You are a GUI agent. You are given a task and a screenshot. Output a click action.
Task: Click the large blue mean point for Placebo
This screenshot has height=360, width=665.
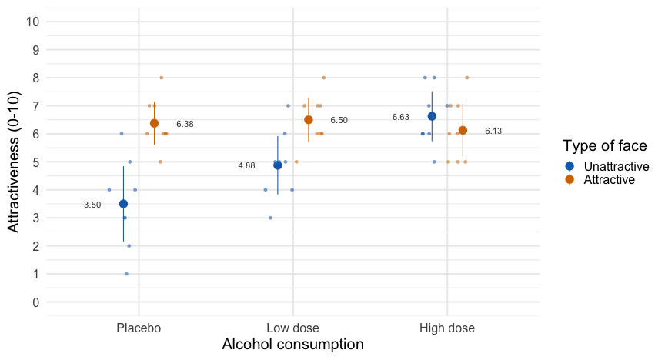tap(123, 204)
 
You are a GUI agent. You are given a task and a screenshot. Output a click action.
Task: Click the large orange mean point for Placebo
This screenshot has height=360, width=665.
tap(154, 123)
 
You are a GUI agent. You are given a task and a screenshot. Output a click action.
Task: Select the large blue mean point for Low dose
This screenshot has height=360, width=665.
tap(278, 165)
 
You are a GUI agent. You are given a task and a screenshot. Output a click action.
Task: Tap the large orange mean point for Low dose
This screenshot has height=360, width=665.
tap(309, 120)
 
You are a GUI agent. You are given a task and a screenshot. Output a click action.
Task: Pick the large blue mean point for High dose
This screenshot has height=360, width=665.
tap(432, 116)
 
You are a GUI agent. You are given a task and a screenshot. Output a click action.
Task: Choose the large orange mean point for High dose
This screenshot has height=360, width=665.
tap(463, 130)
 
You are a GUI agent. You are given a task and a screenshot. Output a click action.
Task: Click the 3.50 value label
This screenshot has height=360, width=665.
tap(92, 205)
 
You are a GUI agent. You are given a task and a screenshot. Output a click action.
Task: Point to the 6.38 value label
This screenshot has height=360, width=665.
tap(185, 124)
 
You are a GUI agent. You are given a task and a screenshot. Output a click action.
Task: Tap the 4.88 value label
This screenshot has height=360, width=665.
tap(246, 166)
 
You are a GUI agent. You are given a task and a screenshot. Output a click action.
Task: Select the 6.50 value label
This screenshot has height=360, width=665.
tap(339, 121)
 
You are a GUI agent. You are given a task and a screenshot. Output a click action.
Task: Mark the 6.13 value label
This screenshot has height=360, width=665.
tap(493, 132)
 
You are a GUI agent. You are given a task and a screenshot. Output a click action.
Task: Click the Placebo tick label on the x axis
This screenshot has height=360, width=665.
tap(139, 328)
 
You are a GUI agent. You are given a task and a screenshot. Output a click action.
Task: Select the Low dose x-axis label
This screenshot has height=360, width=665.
tap(293, 328)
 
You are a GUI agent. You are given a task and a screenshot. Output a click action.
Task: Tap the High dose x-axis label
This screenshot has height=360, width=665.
tap(447, 328)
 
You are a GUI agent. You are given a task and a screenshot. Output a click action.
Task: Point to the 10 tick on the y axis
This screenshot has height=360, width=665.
tap(32, 22)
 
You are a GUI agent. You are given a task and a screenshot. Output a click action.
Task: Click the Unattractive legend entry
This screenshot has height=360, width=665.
tap(616, 167)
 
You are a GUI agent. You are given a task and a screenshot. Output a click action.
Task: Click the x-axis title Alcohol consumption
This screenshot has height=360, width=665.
tap(292, 345)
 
